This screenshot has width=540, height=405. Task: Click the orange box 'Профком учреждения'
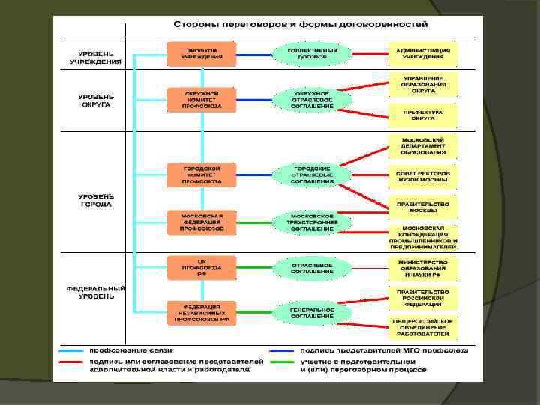201,53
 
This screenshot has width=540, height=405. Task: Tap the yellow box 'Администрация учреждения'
422,53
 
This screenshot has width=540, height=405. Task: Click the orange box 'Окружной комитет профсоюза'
201,100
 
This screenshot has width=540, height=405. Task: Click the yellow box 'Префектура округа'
422,115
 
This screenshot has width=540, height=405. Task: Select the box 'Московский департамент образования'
422,146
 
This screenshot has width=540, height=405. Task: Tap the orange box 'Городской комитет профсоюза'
201,175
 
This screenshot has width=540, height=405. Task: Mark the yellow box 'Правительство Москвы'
422,206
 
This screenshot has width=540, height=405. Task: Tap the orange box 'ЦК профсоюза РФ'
201,268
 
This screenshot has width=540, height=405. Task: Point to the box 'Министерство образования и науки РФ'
422,268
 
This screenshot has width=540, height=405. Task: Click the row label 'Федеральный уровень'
95,292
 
